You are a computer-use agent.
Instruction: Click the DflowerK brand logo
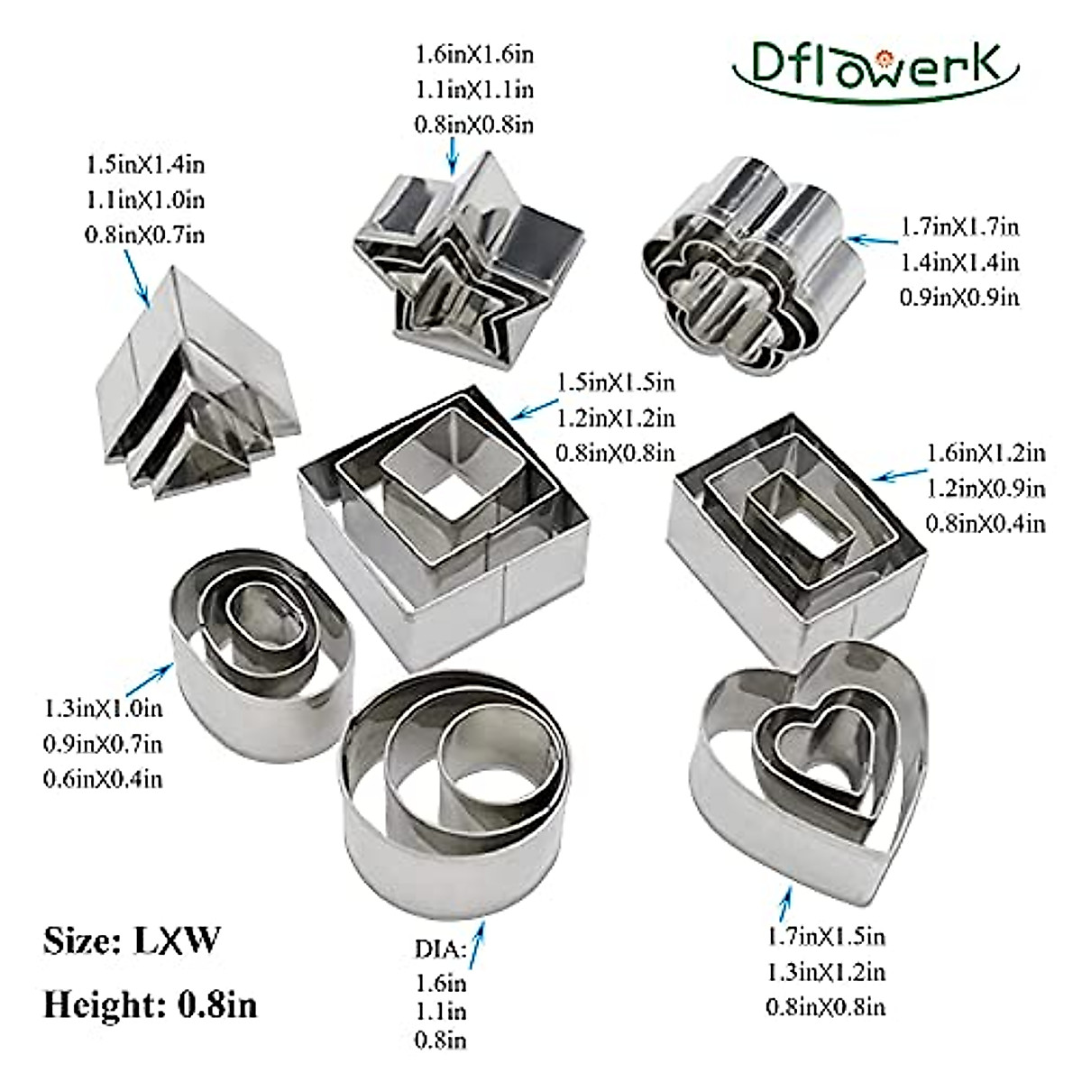pos(875,67)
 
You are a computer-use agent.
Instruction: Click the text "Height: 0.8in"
pos(150,1004)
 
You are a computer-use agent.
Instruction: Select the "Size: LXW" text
pos(131,941)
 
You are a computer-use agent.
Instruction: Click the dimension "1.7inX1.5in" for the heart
pos(825,936)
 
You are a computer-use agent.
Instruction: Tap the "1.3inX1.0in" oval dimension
pos(103,708)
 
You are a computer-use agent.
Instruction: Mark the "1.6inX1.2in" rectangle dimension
pos(986,452)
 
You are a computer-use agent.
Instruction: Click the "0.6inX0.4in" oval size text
pos(103,778)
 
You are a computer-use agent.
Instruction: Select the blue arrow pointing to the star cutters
pos(453,152)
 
